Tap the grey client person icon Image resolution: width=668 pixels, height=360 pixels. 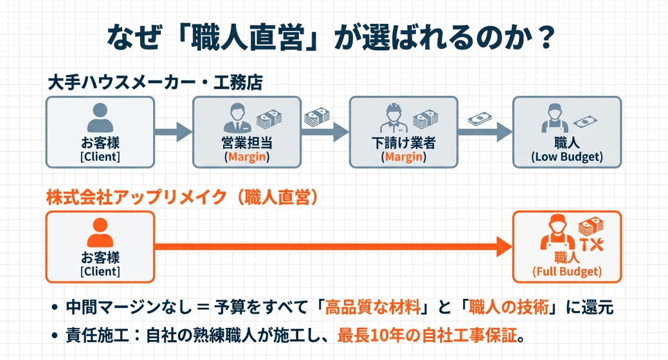pos(100,118)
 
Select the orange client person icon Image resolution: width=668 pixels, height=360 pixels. pos(100,234)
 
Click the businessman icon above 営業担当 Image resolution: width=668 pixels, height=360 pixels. pos(237,118)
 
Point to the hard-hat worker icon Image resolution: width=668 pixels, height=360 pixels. pos(392,118)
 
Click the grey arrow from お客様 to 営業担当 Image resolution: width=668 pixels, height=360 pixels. pos(174,132)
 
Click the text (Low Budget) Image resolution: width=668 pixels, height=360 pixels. pos(567,156)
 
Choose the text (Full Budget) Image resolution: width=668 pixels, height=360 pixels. pos(567,272)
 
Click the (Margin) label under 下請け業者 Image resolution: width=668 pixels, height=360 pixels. pos(403,156)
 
